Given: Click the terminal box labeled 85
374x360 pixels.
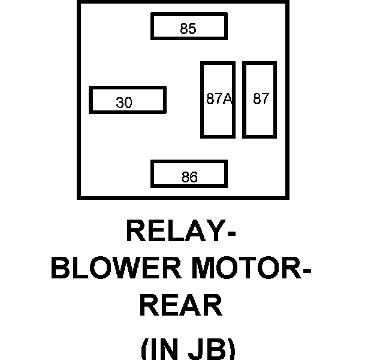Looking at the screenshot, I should pyautogui.click(x=188, y=26).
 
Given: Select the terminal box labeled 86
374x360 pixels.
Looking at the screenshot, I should pyautogui.click(x=188, y=174).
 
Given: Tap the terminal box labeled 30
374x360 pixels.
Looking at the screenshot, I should pyautogui.click(x=127, y=100).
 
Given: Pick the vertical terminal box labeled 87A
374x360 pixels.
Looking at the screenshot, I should pyautogui.click(x=217, y=100).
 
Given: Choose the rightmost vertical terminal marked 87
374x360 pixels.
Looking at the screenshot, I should pyautogui.click(x=260, y=100).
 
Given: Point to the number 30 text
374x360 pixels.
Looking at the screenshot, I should pyautogui.click(x=124, y=103).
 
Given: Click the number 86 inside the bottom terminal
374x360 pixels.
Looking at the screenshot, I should pyautogui.click(x=189, y=178).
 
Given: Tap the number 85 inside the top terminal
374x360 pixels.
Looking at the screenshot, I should pyautogui.click(x=188, y=29).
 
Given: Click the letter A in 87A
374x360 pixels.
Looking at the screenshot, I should pyautogui.click(x=227, y=99).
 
